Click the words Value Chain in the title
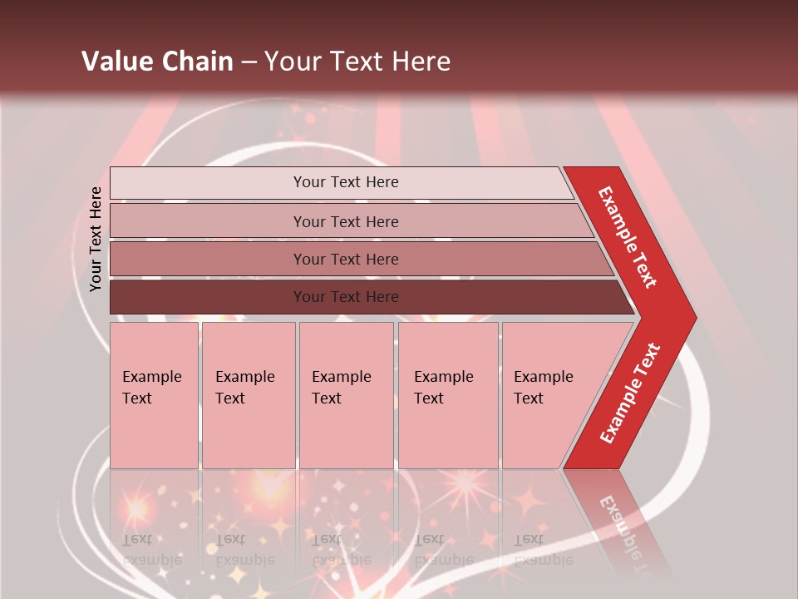[x=157, y=62]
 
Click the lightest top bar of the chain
[x=208, y=183]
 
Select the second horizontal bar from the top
[x=208, y=221]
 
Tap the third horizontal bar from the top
[x=208, y=259]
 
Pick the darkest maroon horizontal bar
[x=208, y=297]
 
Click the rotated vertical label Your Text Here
[x=96, y=239]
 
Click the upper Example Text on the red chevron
[x=628, y=237]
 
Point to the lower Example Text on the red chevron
[x=630, y=393]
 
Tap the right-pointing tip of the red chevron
[x=692, y=317]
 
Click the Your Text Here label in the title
[x=357, y=62]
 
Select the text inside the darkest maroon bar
[x=346, y=297]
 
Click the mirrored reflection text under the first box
[x=151, y=550]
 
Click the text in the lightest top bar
[x=346, y=182]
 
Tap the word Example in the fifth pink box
[x=543, y=377]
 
